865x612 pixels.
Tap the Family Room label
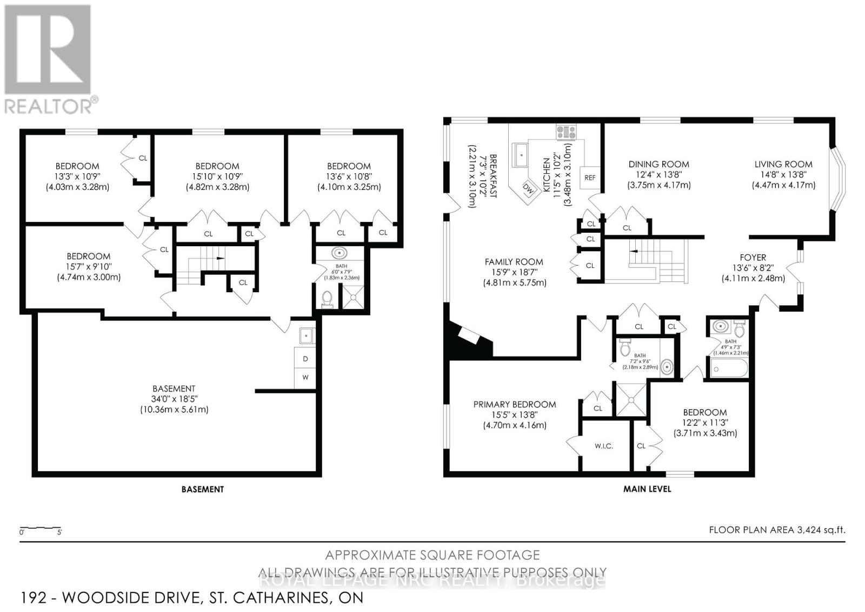point(514,262)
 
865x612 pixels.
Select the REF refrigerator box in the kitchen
point(590,177)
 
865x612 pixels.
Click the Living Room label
point(783,164)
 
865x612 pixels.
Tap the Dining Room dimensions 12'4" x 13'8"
point(658,175)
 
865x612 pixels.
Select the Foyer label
point(753,258)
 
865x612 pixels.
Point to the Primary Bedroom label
point(514,404)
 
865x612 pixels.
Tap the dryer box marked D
point(305,359)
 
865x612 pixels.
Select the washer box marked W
point(305,377)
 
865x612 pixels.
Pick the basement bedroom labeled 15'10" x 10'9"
point(217,176)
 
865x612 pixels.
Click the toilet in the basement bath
point(327,299)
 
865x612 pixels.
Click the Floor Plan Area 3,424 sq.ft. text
point(776,530)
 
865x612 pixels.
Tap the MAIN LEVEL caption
point(647,489)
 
